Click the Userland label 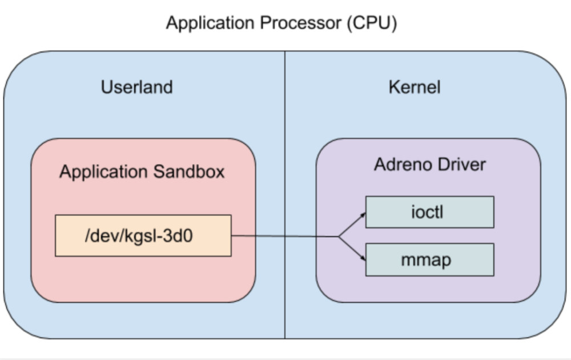tap(136, 87)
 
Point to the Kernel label tap(415, 87)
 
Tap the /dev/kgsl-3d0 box tap(143, 235)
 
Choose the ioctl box tap(429, 212)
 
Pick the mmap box tap(429, 259)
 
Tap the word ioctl tap(427, 212)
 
